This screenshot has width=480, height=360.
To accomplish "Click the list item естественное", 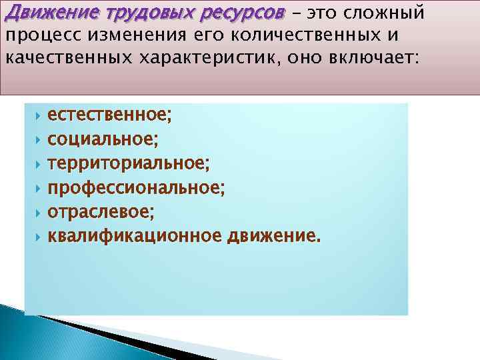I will (x=109, y=117).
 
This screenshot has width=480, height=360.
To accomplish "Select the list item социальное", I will (x=103, y=141).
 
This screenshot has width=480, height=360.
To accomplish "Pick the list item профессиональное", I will (x=136, y=189).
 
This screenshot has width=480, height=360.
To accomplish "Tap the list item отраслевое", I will (x=101, y=213).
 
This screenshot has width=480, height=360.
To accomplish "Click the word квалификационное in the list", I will (x=135, y=237).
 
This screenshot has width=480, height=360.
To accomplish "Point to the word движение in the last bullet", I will (x=273, y=237).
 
